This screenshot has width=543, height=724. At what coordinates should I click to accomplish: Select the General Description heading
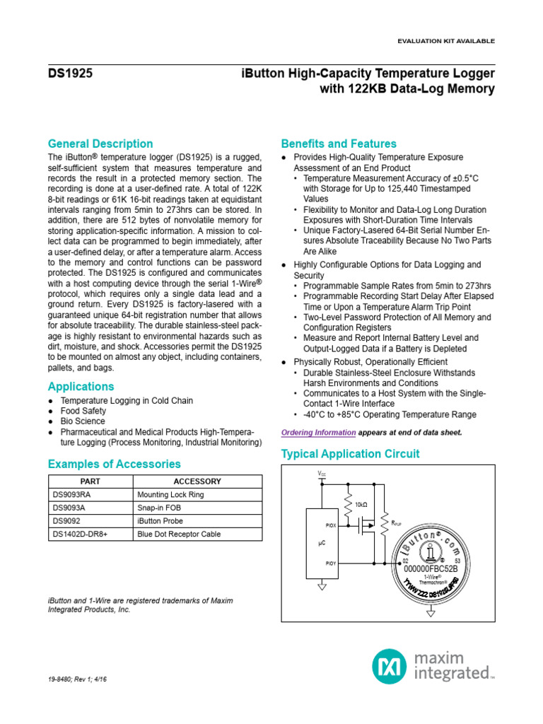coord(100,144)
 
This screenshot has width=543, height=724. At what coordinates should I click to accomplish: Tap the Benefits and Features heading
coord(339,144)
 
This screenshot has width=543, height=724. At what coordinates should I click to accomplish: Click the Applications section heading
coord(81,387)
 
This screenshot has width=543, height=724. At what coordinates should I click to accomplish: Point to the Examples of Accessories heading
coord(114,464)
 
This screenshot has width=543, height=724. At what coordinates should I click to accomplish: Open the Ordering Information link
coord(318,432)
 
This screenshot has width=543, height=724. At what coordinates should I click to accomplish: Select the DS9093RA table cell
coord(72,495)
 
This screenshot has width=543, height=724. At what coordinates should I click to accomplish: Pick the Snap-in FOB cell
coord(162,508)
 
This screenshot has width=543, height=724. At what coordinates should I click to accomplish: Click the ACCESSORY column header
coord(197,481)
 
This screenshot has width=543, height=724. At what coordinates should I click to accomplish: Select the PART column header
coord(90,481)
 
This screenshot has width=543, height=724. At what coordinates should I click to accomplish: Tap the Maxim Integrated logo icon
coord(388,666)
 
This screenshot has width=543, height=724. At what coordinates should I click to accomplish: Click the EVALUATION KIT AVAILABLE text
coord(448,41)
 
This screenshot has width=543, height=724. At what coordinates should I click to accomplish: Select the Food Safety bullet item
coord(83,411)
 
